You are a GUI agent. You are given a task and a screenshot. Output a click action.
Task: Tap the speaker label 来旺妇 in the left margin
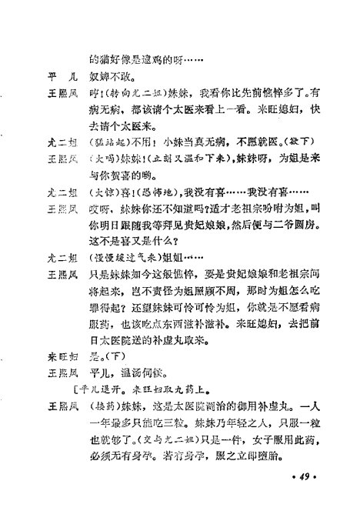(62, 356)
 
